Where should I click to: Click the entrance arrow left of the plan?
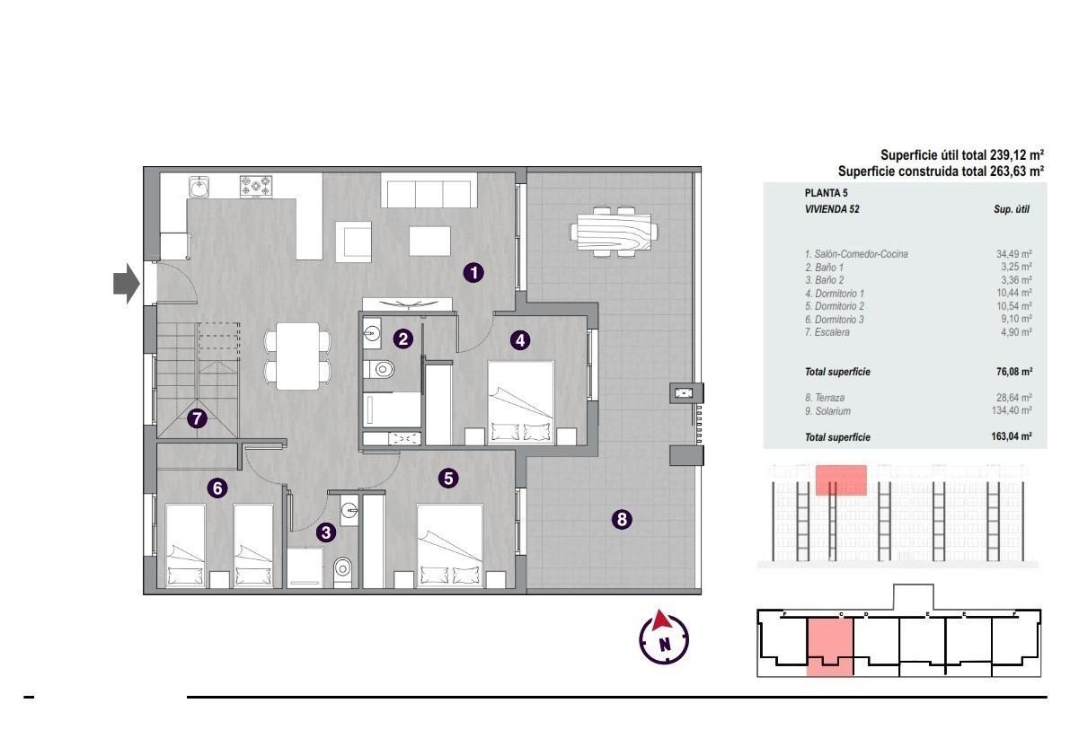[127, 283]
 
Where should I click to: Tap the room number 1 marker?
[473, 273]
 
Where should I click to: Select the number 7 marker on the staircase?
[198, 418]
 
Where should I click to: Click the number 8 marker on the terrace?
[622, 520]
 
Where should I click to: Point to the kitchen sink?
[199, 186]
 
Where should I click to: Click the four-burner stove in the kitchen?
[256, 186]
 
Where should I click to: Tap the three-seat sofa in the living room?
[429, 191]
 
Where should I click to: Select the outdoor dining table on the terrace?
[615, 232]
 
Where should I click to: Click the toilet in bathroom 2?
[380, 370]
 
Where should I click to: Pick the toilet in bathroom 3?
[342, 570]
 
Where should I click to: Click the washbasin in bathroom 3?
[349, 509]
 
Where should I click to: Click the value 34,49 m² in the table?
[1013, 254]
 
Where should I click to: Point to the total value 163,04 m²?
[1012, 436]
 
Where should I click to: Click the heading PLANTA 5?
[827, 193]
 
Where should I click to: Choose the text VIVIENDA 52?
[833, 209]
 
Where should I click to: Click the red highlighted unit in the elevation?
[842, 480]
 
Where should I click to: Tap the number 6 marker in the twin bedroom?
[217, 488]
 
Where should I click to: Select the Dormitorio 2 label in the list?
[835, 307]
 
